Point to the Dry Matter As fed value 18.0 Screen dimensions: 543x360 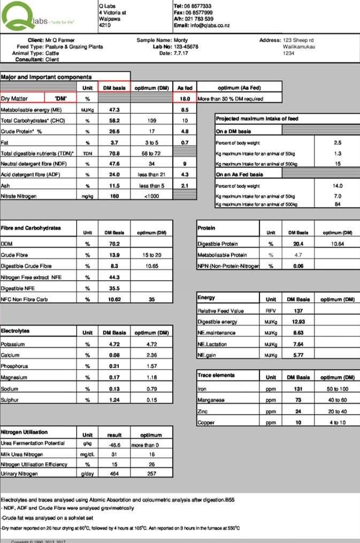[x=185, y=99]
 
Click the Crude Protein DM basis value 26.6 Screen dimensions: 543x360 [x=113, y=131]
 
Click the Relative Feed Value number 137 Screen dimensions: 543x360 [x=298, y=310]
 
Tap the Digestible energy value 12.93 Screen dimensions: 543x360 [x=298, y=322]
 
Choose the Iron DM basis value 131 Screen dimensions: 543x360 [x=298, y=389]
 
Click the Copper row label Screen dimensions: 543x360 [x=206, y=423]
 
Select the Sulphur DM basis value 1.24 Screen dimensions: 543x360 [x=113, y=400]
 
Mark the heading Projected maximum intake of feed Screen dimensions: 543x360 [x=257, y=119]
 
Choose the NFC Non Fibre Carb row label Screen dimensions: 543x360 [x=24, y=300]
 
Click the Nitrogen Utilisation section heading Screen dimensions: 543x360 [x=24, y=432]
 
